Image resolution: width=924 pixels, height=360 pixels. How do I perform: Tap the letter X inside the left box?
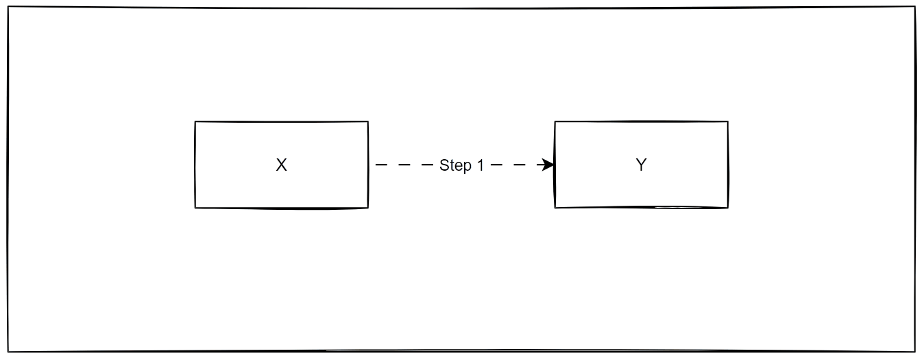281,165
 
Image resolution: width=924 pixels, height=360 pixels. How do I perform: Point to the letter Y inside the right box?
641,165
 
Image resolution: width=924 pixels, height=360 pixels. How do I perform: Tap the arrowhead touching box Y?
548,165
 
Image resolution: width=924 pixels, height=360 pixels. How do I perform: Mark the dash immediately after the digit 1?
498,165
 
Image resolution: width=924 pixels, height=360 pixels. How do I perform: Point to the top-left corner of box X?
195,122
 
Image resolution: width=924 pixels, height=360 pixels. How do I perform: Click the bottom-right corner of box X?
368,208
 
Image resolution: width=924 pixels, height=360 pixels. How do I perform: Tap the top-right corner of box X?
368,122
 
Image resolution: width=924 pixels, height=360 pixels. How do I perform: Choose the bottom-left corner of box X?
195,208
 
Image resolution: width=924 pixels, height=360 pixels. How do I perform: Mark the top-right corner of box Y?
727,122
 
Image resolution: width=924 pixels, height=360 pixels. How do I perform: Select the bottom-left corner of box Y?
555,207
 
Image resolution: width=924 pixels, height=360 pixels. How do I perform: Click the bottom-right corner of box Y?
727,207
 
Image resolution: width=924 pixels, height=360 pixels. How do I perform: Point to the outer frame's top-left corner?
8,10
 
